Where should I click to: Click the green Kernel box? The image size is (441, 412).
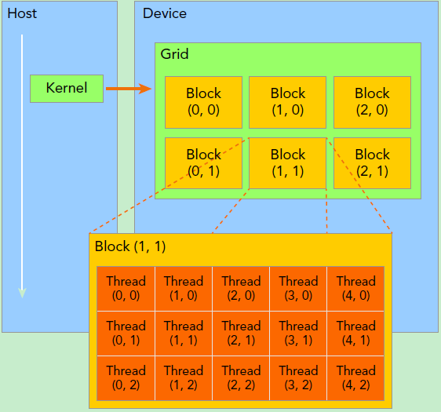[x=67, y=88]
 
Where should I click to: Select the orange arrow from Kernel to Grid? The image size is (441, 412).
[x=128, y=89]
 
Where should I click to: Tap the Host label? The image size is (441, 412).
[x=22, y=14]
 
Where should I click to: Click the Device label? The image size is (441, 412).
[x=165, y=14]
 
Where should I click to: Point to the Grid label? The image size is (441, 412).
[x=174, y=54]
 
